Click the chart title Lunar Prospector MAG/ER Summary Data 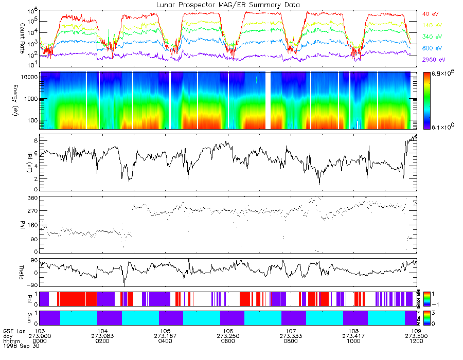[228, 5]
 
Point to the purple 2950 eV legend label [432, 60]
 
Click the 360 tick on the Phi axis [32, 198]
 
